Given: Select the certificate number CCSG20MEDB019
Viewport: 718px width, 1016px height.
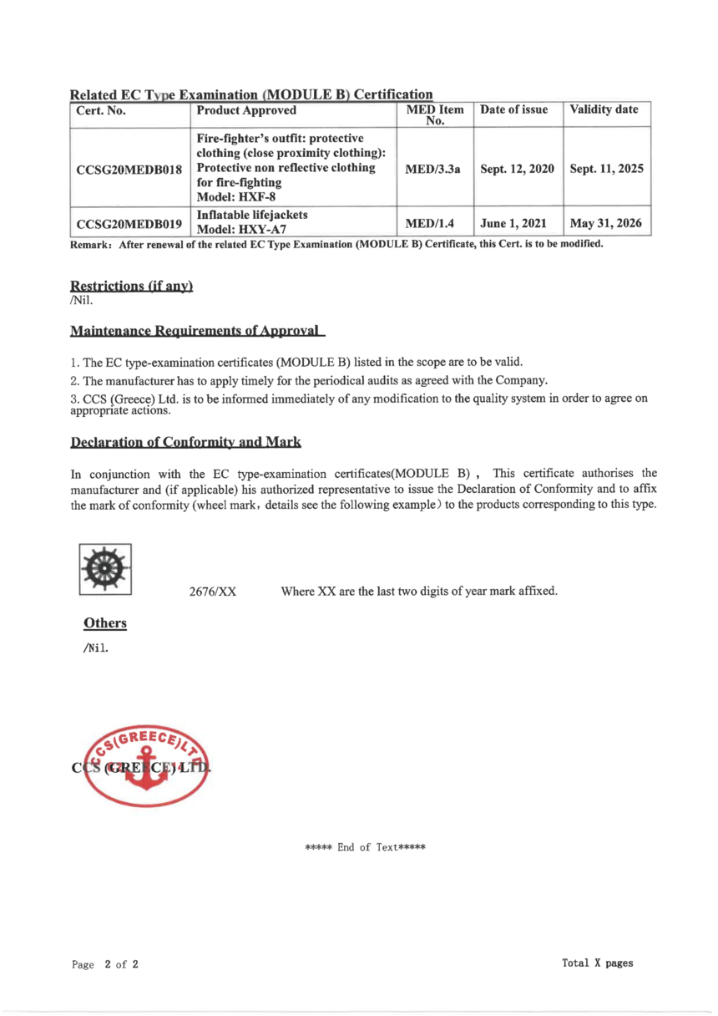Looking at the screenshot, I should tap(129, 224).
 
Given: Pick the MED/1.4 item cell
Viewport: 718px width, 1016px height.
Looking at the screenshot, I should tap(434, 224).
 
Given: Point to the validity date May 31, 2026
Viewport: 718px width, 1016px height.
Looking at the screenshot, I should tap(606, 224).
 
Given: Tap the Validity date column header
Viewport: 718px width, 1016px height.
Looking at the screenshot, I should tap(604, 110).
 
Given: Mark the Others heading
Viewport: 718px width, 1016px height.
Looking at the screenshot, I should tap(104, 623).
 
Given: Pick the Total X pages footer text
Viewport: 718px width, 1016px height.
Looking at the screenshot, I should tap(598, 963).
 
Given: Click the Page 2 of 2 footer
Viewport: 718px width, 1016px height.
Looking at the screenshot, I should tap(105, 964).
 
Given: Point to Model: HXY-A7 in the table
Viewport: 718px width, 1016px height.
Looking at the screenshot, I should tap(237, 231).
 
